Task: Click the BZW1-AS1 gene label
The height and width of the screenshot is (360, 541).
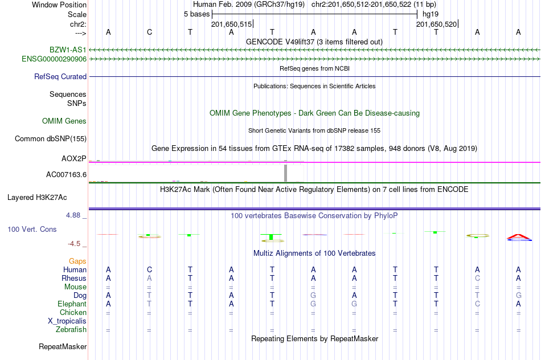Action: [68, 50]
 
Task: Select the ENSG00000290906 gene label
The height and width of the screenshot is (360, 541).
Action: [54, 59]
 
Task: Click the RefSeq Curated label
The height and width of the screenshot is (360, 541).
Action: [60, 77]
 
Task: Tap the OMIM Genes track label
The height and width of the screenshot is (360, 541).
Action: [64, 121]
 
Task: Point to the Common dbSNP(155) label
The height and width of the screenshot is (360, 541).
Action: [50, 139]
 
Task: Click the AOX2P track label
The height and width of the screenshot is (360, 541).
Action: [73, 158]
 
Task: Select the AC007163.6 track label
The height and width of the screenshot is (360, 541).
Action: [66, 175]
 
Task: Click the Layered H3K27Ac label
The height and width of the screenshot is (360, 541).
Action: [37, 198]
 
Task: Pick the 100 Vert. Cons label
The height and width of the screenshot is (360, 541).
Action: [32, 229]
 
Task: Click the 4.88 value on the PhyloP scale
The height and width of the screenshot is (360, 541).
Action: [73, 215]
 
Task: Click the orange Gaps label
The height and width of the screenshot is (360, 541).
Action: [77, 261]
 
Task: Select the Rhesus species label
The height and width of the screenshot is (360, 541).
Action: [74, 278]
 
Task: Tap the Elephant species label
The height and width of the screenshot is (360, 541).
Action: [72, 304]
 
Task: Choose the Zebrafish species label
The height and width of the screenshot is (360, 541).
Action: [71, 330]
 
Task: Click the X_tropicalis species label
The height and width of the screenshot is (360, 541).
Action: [67, 321]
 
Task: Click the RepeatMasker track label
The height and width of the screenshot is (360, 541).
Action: [63, 346]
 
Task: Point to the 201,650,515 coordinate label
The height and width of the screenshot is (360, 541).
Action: [232, 24]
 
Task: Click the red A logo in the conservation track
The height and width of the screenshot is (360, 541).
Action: [519, 236]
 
